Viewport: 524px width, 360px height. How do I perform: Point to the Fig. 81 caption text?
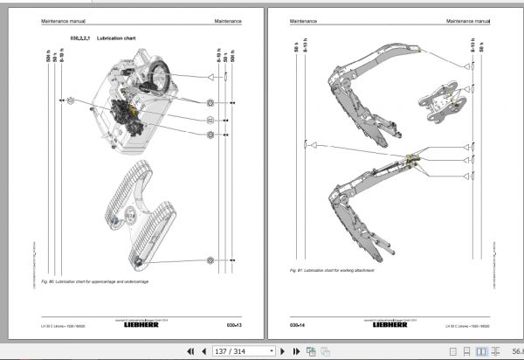[335, 271]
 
